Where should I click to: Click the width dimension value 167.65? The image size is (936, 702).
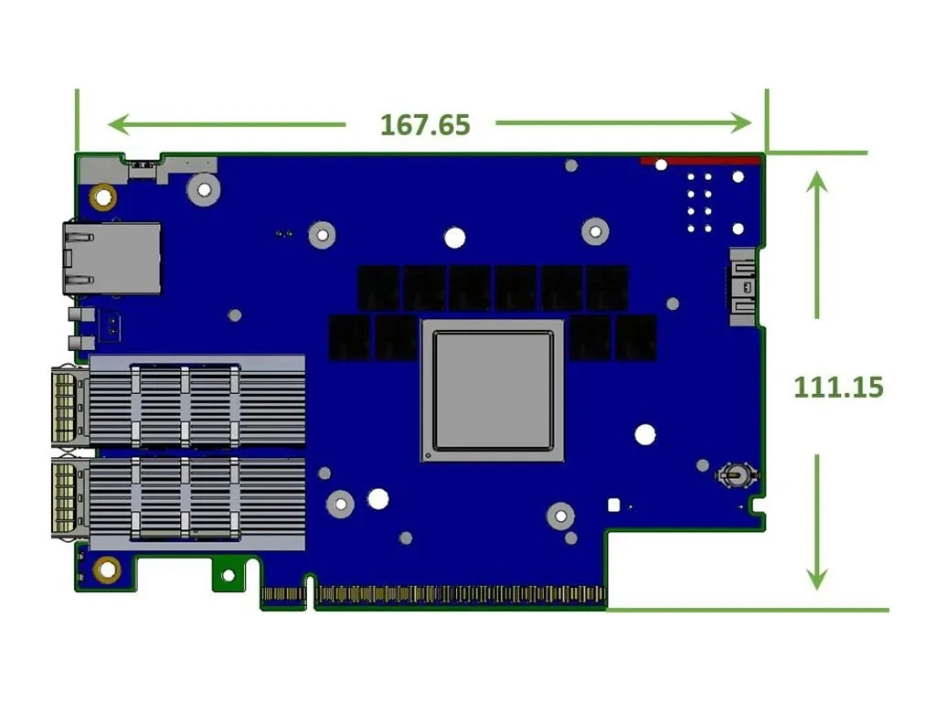click(425, 124)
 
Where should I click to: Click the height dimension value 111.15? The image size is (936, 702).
click(838, 387)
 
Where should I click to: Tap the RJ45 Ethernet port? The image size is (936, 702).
click(112, 258)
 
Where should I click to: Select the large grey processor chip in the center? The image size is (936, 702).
click(493, 390)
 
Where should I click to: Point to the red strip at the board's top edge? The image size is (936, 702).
click(699, 161)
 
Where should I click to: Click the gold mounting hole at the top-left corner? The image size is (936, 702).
click(102, 195)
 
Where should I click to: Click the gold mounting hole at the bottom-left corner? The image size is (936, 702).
click(107, 569)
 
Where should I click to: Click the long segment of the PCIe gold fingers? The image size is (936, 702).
click(460, 597)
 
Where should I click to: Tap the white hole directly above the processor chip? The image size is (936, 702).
click(454, 238)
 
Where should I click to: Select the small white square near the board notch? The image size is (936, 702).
click(613, 504)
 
